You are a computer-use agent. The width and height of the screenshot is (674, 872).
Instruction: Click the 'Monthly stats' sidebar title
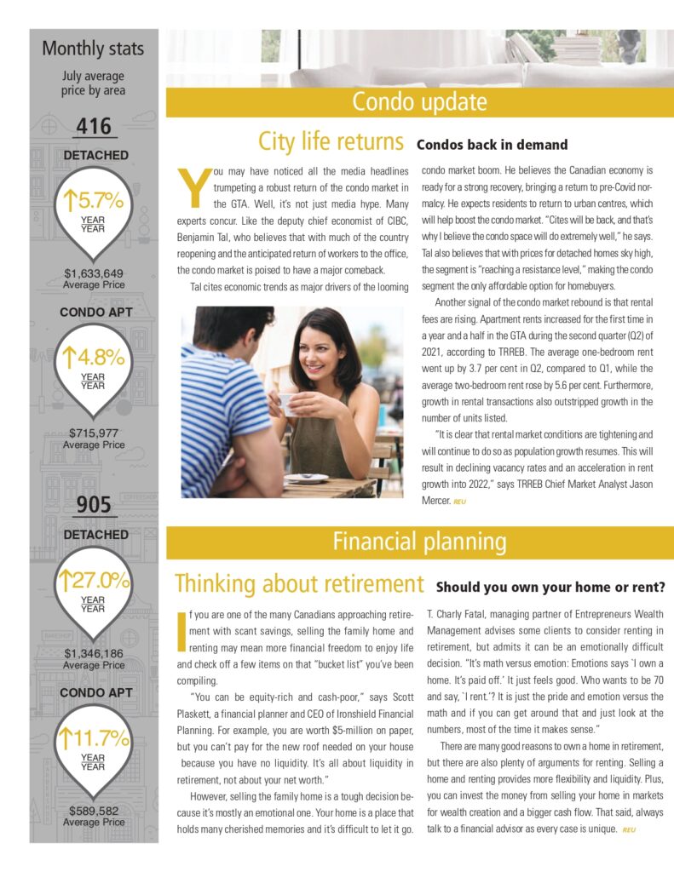point(93,49)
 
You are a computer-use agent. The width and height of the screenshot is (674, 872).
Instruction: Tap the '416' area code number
point(94,127)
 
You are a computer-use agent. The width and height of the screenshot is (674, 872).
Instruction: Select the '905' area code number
point(94,505)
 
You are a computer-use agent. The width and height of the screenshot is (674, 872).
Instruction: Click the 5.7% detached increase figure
point(95,201)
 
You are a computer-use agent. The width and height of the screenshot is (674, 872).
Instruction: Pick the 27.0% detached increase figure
point(95,581)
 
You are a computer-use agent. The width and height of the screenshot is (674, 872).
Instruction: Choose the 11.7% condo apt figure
point(95,737)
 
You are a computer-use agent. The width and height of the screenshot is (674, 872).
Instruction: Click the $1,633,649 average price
point(94,273)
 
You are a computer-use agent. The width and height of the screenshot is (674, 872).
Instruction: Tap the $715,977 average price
point(94,433)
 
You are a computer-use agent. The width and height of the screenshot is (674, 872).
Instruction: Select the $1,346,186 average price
point(94,653)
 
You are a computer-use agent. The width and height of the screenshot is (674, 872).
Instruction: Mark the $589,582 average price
point(94,810)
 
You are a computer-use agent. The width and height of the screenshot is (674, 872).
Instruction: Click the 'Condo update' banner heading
point(419,102)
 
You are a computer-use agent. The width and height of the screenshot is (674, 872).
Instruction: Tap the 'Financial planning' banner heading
point(419,542)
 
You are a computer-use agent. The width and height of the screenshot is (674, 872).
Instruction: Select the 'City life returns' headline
point(331,141)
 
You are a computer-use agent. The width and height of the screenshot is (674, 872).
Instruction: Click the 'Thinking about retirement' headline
point(299,584)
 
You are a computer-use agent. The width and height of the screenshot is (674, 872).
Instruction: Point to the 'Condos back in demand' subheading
point(492,145)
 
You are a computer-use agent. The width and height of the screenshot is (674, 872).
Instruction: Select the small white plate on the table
point(307,478)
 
